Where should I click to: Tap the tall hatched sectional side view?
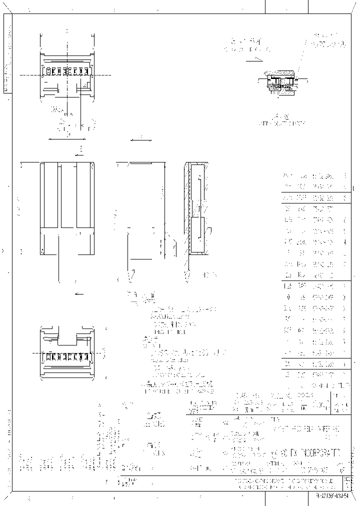click(x=195, y=208)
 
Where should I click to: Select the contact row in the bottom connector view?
click(x=67, y=357)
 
